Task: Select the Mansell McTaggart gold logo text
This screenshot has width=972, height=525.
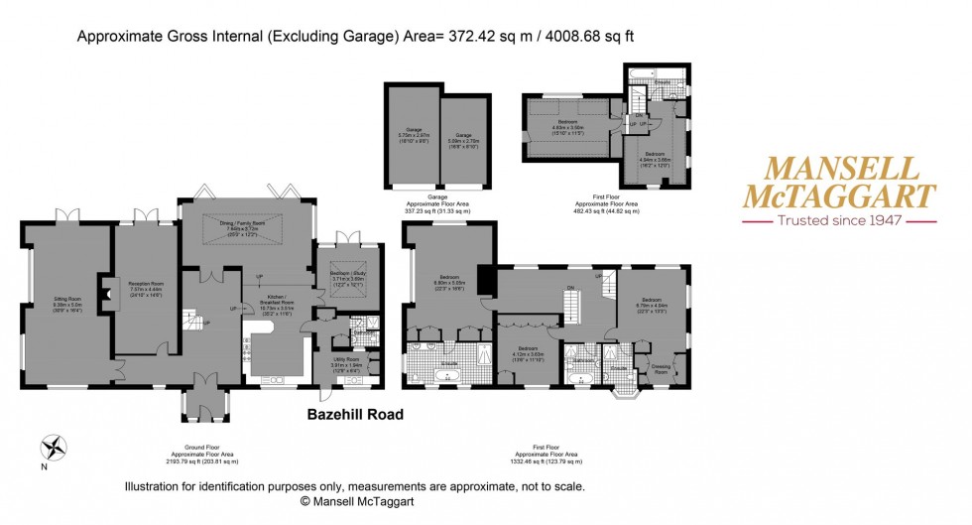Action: pyautogui.click(x=839, y=183)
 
